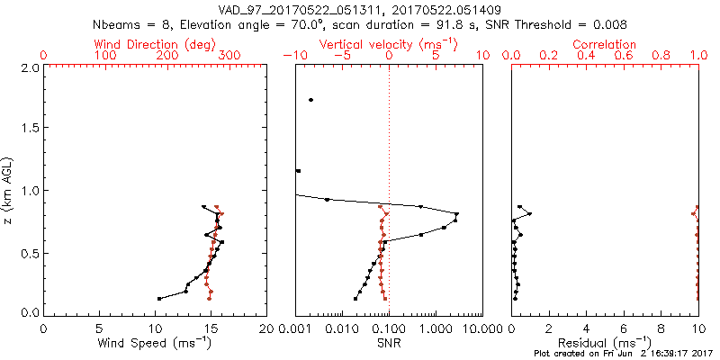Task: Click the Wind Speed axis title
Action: pos(155,344)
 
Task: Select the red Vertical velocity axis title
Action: pos(389,44)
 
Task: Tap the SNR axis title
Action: pos(389,344)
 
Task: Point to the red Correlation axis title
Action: pos(606,44)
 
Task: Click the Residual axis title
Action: pos(605,344)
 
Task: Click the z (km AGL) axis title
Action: pos(8,190)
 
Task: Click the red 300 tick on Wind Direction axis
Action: pos(229,56)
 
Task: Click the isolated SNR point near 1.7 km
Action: pos(310,100)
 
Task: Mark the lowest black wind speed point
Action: pos(159,299)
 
